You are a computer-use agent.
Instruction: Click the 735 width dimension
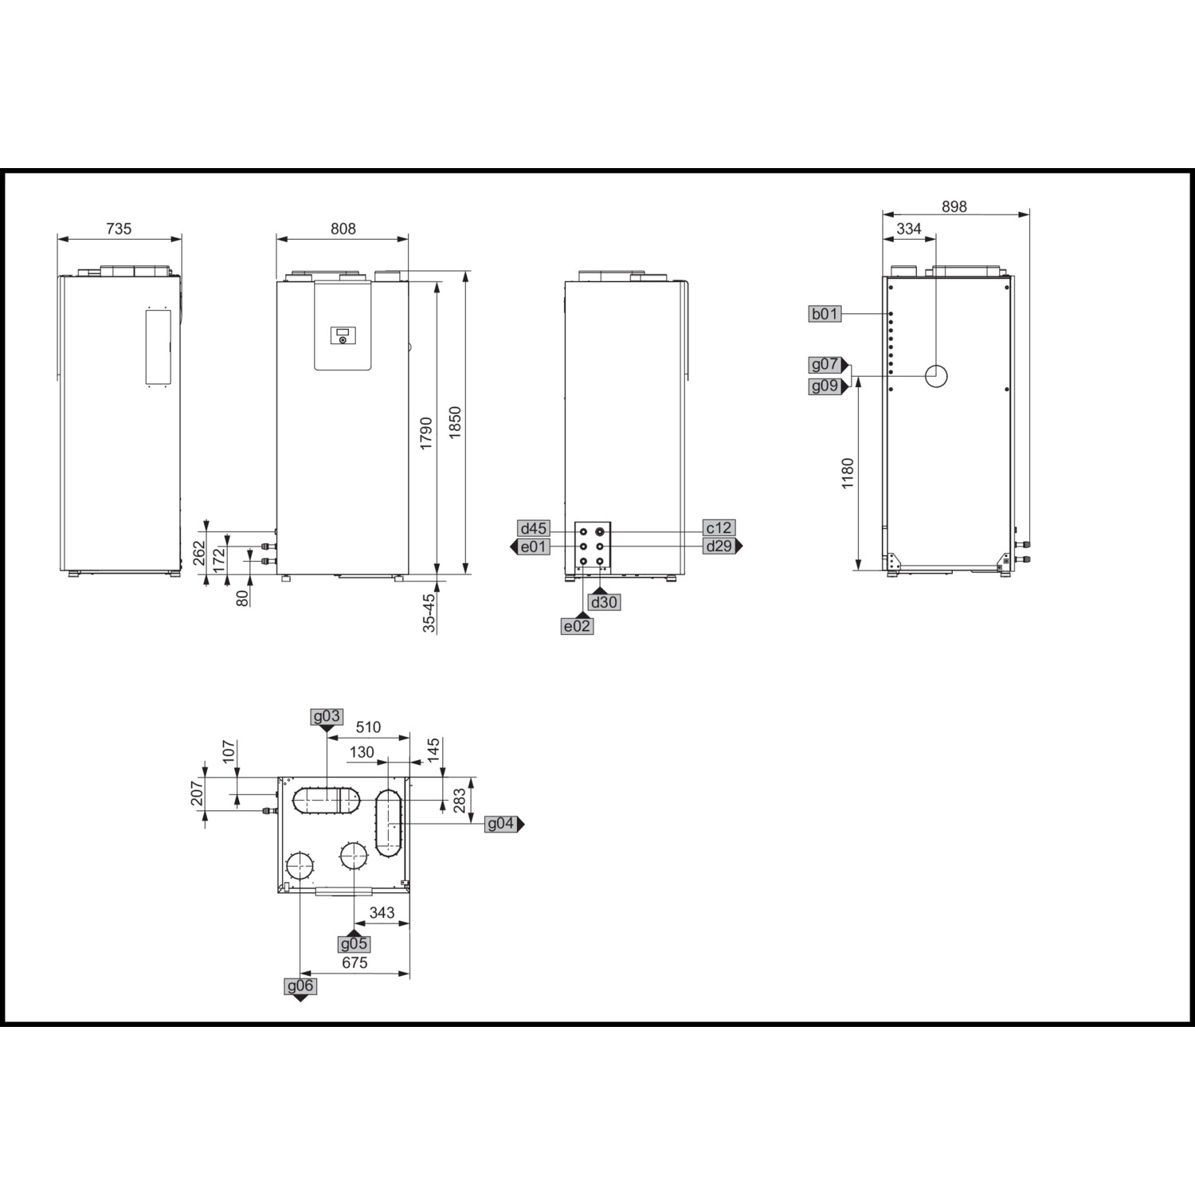tap(119, 229)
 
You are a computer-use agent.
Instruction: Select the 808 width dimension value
tap(343, 229)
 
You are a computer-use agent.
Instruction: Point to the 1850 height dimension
tap(455, 422)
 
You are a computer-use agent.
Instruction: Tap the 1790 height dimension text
tap(426, 433)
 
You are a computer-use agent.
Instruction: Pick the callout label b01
tap(825, 314)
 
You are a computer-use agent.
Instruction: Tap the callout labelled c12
tap(719, 528)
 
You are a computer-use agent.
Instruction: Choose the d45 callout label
tap(533, 528)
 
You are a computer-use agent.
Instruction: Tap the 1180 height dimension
tap(848, 473)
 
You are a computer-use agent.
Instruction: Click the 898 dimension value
tap(954, 206)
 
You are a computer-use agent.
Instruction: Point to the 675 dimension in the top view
tap(355, 963)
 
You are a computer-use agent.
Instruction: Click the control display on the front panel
tap(343, 336)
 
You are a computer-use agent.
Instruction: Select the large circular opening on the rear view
tap(937, 376)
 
